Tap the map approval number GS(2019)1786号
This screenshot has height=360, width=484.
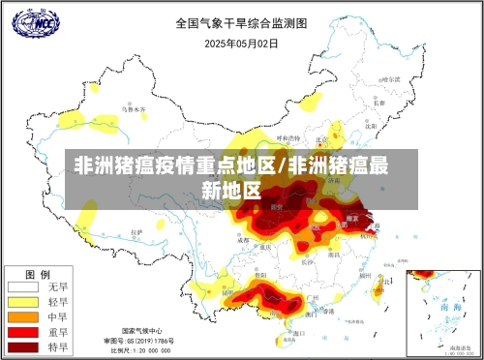pos(141,341)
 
